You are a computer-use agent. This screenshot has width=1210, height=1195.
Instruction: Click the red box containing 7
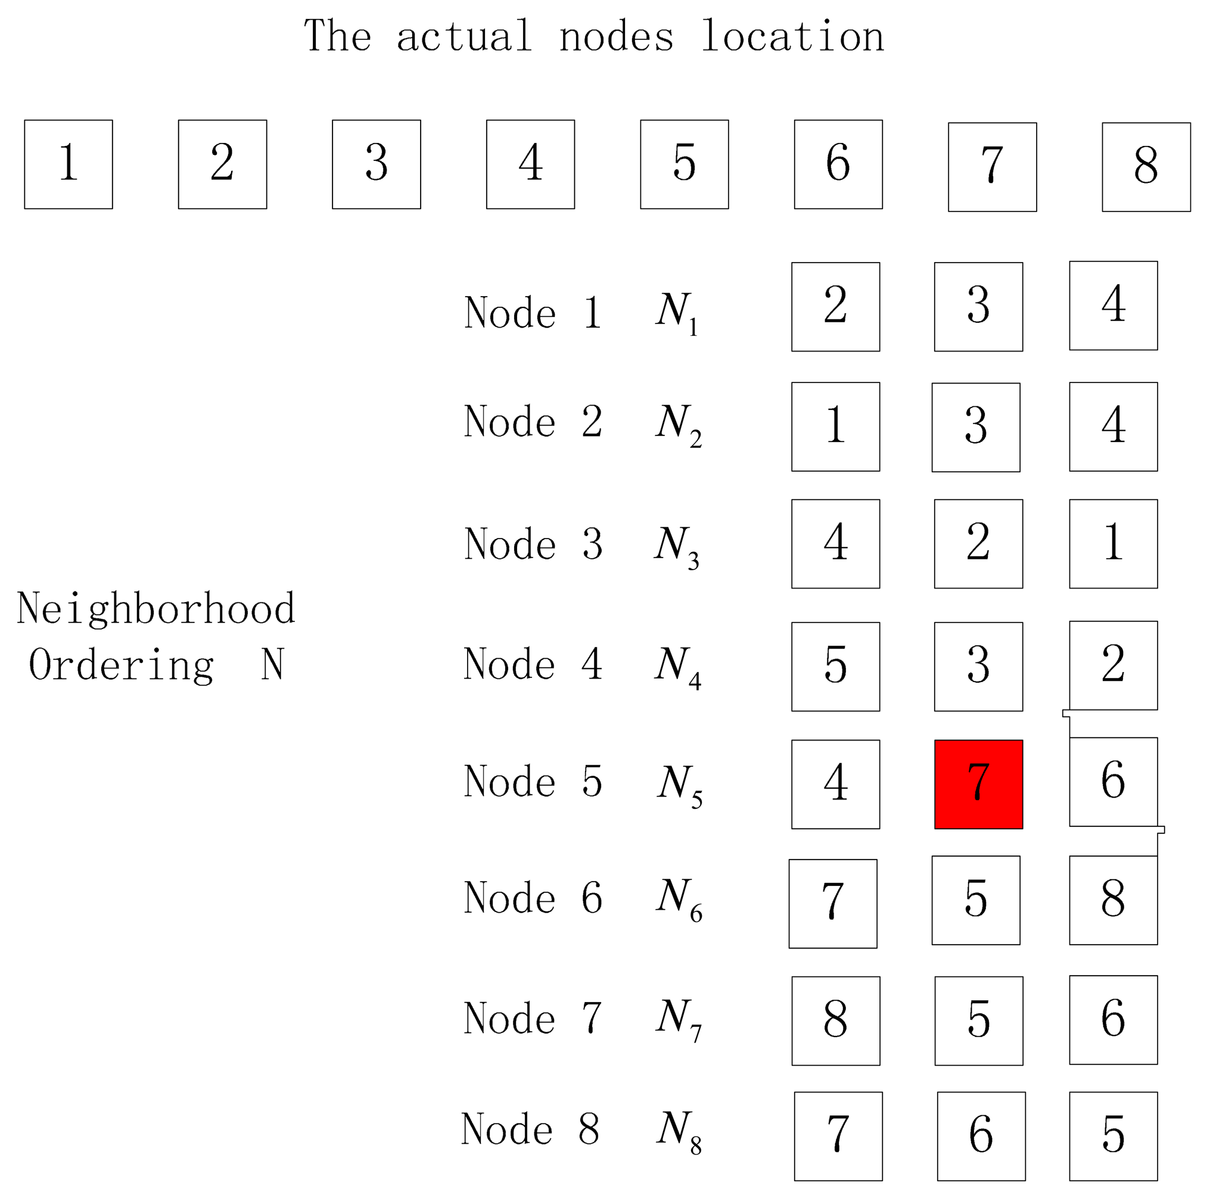pyautogui.click(x=978, y=784)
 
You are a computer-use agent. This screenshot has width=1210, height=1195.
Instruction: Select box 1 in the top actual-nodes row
pyautogui.click(x=69, y=164)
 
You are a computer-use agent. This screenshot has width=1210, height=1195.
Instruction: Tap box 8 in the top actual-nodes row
pyautogui.click(x=1146, y=167)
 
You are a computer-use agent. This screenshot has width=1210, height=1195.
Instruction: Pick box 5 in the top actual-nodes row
pyautogui.click(x=684, y=164)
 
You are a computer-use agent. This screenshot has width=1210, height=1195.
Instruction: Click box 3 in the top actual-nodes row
pyautogui.click(x=376, y=164)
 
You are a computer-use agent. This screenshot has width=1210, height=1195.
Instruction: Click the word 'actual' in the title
pyautogui.click(x=464, y=36)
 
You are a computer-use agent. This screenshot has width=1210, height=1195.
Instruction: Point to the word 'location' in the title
pyautogui.click(x=792, y=36)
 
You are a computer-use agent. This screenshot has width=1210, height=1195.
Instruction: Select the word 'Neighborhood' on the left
pyautogui.click(x=156, y=608)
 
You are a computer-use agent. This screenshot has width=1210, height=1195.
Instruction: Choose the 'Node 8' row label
pyautogui.click(x=530, y=1129)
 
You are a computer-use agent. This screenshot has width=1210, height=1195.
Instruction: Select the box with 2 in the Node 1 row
pyautogui.click(x=835, y=306)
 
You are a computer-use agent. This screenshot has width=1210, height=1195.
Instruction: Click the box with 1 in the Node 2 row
pyautogui.click(x=835, y=427)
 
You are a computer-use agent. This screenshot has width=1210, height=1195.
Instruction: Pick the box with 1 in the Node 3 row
pyautogui.click(x=1113, y=544)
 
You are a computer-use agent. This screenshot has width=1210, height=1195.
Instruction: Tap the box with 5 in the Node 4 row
pyautogui.click(x=835, y=667)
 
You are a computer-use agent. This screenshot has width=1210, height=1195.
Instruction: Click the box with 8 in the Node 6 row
pyautogui.click(x=1113, y=900)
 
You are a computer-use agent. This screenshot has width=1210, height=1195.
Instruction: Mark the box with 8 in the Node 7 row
pyautogui.click(x=835, y=1021)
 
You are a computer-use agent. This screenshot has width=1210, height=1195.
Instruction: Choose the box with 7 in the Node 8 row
pyautogui.click(x=838, y=1136)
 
